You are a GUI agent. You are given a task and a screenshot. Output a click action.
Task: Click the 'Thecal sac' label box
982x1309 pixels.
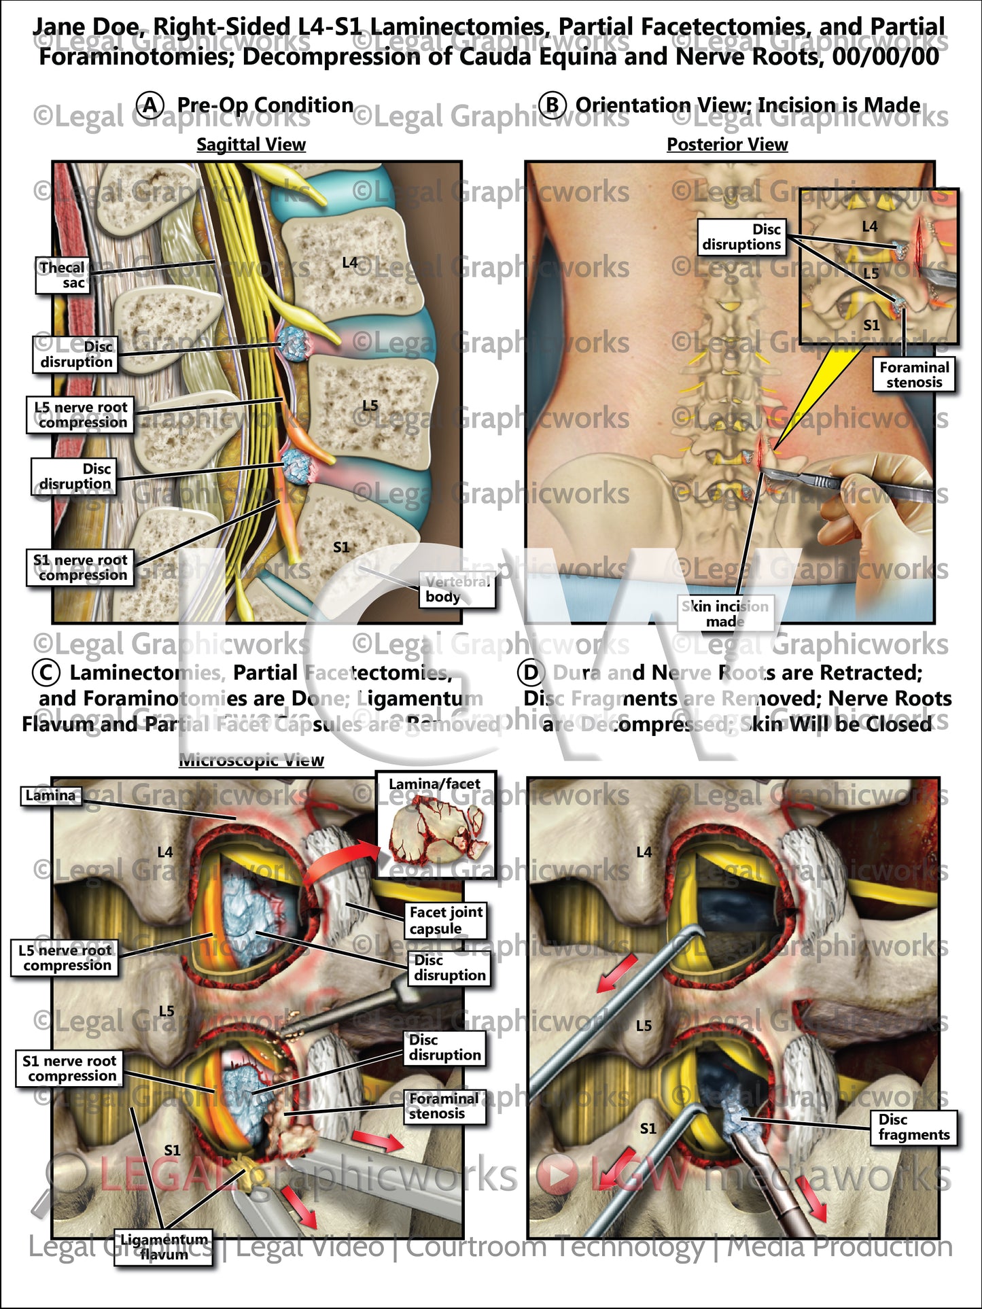[x=62, y=275]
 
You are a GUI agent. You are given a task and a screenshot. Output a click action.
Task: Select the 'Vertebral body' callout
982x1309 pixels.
[x=457, y=589]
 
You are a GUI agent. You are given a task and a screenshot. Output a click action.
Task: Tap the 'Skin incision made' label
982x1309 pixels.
[x=725, y=613]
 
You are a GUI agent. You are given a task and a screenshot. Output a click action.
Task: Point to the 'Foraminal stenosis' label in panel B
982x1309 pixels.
[x=914, y=375]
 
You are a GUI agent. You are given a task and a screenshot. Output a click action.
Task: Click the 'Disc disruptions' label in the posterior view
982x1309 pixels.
[x=741, y=237]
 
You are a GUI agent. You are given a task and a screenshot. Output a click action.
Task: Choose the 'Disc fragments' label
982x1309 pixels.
[x=913, y=1128]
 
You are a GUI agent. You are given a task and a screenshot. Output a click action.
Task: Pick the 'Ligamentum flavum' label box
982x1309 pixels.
[x=164, y=1247]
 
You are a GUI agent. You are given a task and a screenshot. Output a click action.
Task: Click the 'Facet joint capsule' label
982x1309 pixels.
[x=446, y=920]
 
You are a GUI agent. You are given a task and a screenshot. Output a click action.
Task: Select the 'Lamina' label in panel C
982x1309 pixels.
[x=51, y=796]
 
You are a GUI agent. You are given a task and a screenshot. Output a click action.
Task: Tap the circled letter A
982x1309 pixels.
[x=150, y=105]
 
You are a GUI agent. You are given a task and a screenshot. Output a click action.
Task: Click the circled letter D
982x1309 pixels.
[x=530, y=673]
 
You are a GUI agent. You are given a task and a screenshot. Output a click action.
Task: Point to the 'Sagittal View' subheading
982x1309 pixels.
[x=251, y=145]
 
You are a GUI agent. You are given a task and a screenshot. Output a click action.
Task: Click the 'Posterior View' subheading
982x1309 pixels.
[x=727, y=145]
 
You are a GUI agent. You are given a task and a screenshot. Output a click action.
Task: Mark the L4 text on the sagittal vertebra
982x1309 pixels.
[x=350, y=262]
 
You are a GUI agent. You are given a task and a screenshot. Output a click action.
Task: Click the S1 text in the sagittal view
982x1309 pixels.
[x=341, y=547]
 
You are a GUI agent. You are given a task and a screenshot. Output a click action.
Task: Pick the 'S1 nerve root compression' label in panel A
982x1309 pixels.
[x=80, y=568]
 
